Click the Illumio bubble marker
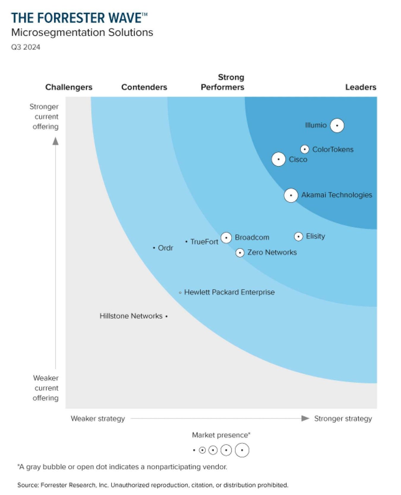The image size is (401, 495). click(337, 125)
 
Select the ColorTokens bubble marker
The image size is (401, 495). click(304, 149)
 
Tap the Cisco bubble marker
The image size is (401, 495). click(278, 159)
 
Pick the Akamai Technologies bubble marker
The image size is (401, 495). click(291, 195)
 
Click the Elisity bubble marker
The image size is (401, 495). click(298, 236)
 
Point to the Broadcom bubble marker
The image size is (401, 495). click(226, 237)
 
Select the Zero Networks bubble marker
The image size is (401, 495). click(240, 253)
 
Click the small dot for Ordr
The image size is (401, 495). click(154, 248)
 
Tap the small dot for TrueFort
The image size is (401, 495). click(186, 242)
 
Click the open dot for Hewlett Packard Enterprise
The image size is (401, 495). click(180, 293)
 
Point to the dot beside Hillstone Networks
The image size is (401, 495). click(166, 316)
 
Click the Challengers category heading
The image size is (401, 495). click(69, 87)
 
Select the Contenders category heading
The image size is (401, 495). click(144, 87)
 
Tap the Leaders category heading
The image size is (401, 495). click(360, 87)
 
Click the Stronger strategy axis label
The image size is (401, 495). click(343, 419)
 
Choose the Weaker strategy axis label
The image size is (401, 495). click(98, 419)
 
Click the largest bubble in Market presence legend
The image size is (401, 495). click(242, 450)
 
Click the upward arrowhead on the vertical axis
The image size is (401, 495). click(56, 141)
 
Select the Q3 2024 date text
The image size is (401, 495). click(26, 47)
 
